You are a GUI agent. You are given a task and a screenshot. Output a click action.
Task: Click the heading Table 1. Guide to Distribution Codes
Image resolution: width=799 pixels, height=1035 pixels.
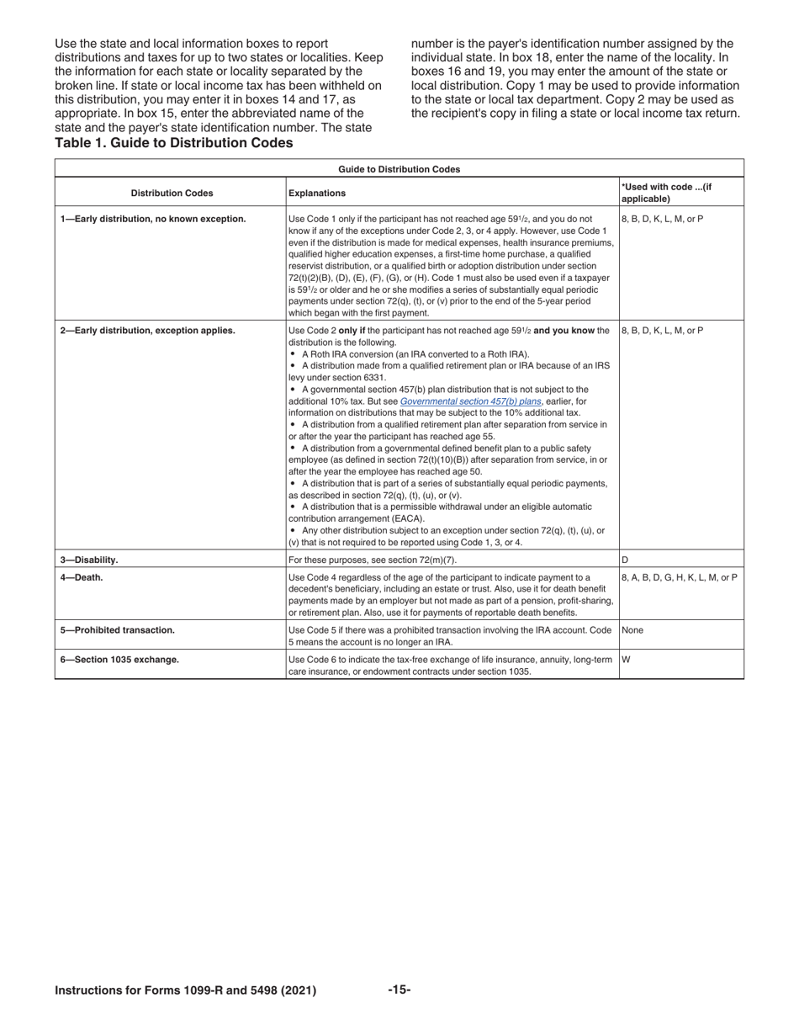pos(174,143)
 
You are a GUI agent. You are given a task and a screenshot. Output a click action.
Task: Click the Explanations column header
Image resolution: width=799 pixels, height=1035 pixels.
pos(317,193)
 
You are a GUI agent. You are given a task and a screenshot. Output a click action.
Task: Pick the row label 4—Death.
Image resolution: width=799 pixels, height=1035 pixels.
pos(82,577)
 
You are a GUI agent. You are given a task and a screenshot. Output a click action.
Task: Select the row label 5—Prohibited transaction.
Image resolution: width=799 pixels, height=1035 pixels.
pos(117,629)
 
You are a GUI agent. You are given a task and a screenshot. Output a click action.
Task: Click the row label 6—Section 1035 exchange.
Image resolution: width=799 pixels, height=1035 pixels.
pos(119,660)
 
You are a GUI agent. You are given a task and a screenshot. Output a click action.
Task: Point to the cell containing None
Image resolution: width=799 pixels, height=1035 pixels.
pos(632,629)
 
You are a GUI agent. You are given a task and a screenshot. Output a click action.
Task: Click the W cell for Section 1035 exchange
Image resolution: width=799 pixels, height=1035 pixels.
pos(626,660)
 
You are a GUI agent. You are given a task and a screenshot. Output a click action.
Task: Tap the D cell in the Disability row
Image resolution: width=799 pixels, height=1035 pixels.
pos(625,560)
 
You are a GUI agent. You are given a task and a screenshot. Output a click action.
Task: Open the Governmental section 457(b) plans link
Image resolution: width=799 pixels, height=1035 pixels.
pos(470,401)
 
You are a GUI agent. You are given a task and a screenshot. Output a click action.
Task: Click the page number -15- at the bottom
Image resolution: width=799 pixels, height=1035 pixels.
pos(399,990)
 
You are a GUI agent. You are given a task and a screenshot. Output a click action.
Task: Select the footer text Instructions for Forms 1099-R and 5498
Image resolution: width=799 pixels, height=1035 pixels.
pos(185,990)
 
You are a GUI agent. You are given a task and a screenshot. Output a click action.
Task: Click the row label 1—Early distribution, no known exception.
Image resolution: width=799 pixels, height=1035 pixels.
pos(153,219)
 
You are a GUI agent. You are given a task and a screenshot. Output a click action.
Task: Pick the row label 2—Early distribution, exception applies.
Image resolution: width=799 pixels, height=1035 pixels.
pos(147,331)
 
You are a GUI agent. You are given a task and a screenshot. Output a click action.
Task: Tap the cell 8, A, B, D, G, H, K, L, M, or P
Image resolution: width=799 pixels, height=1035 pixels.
pos(680,577)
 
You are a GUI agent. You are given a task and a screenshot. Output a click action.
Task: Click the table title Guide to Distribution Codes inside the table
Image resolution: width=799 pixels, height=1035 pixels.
pos(399,169)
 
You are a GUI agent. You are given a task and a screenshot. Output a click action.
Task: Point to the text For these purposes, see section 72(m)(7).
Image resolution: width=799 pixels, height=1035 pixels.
pos(373,560)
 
